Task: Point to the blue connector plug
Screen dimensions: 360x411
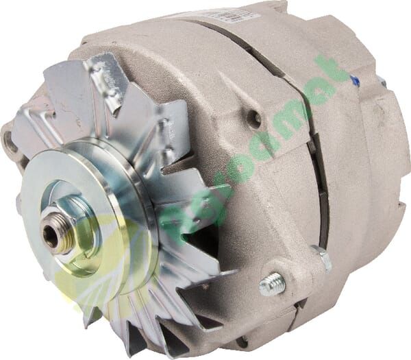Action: (354, 81)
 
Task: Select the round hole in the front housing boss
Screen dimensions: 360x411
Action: (255, 117)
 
